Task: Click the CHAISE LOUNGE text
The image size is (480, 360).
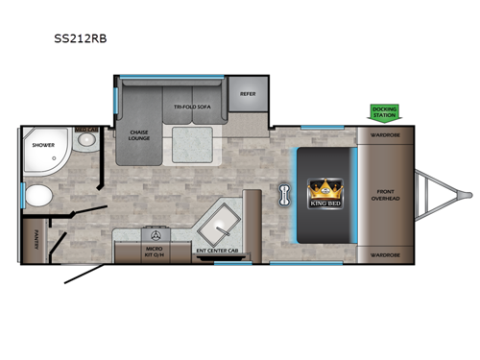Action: tap(136, 135)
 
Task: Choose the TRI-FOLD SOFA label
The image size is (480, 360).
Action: tap(192, 108)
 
